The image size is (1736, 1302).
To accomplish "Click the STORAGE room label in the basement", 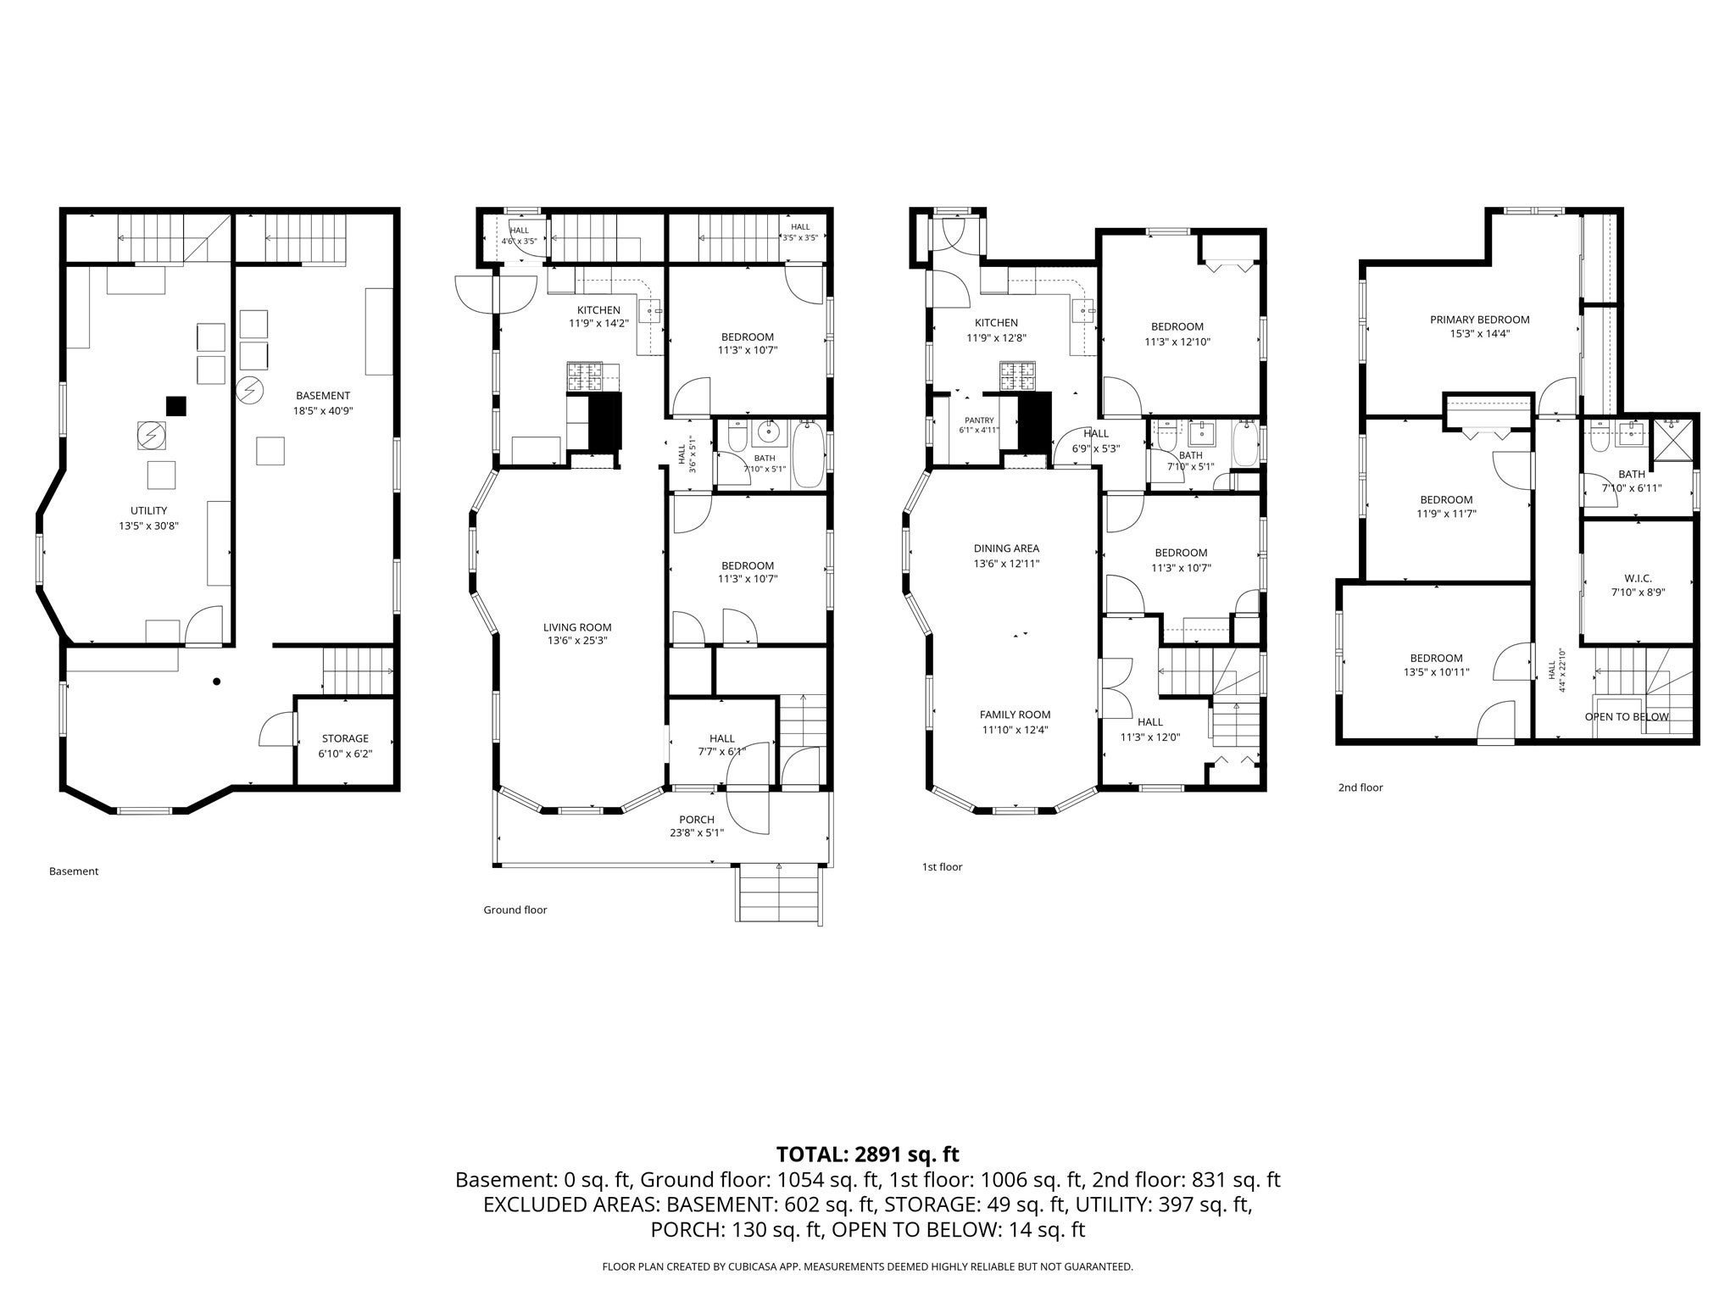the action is (x=345, y=738).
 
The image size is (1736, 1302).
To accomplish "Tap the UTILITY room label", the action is (x=148, y=510).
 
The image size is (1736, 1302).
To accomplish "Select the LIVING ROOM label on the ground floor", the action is (x=577, y=627).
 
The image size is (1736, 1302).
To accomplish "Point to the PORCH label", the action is (x=697, y=820).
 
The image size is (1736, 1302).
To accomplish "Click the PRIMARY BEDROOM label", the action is (x=1480, y=320).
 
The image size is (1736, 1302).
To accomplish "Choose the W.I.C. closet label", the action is (x=1638, y=578).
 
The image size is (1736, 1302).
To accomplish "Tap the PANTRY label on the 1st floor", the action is (x=979, y=420).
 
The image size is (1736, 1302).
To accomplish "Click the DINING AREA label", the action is (x=1006, y=548).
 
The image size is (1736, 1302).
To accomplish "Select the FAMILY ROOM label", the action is (x=1015, y=715).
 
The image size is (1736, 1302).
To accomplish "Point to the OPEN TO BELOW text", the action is (x=1627, y=716).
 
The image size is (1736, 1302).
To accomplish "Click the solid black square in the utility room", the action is (x=175, y=406).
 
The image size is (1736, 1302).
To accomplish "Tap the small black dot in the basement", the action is (x=217, y=681).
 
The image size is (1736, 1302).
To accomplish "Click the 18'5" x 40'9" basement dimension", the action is (x=323, y=410).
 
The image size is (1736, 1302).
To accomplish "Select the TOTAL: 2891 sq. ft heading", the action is (x=868, y=1154).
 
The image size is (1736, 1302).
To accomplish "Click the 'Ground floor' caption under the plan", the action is (x=515, y=910).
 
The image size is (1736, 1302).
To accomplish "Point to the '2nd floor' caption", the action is (x=1360, y=787).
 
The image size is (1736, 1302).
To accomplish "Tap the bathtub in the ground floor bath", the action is (x=808, y=456).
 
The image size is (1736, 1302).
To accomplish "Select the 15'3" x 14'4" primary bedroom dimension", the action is (x=1480, y=334).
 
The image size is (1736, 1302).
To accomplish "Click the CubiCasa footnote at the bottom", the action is (x=868, y=1266).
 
